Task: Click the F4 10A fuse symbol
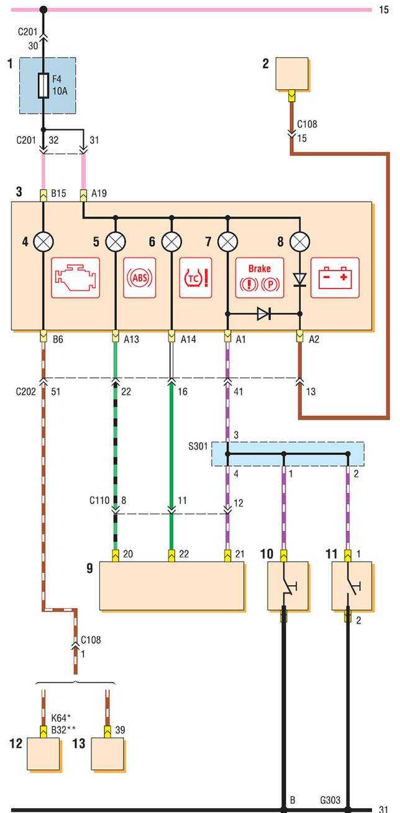coord(43,86)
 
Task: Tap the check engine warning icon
coord(75,278)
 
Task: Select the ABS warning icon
coord(140,278)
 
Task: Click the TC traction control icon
coord(196,278)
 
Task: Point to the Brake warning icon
coord(260,278)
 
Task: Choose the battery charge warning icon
coord(335,278)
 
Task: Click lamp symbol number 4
coord(43,241)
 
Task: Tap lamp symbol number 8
coord(300,241)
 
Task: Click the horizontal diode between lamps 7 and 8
coord(264,313)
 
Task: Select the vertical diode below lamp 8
coord(300,280)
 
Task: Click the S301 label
coord(198,446)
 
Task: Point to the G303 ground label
coord(330,799)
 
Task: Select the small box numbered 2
coord(292,74)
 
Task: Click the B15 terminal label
coord(58,194)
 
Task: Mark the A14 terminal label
coord(188,339)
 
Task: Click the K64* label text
coord(61,718)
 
